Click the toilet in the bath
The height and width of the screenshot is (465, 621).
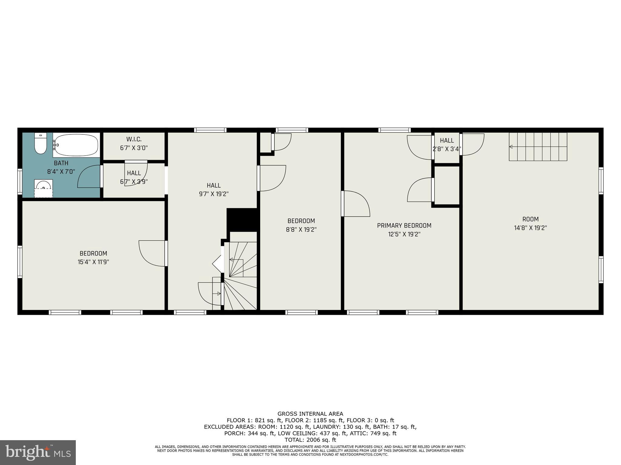point(40,144)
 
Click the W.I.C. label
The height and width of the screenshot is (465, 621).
point(134,139)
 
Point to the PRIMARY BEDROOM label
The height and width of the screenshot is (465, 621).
point(404,226)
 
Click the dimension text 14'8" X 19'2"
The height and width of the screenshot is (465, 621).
point(530,228)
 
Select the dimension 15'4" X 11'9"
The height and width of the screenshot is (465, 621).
point(93,262)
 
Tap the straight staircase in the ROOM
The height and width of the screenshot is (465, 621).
point(538,147)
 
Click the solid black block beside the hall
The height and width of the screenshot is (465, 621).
point(242,219)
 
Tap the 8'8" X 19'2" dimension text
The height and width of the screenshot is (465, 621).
point(301,230)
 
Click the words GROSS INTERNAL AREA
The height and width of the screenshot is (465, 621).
point(310,414)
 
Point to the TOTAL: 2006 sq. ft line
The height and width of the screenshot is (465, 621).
point(310,440)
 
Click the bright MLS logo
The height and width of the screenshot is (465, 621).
point(38,452)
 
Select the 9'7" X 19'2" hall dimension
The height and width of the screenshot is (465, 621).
point(213,194)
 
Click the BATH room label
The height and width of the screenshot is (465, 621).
point(61,163)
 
